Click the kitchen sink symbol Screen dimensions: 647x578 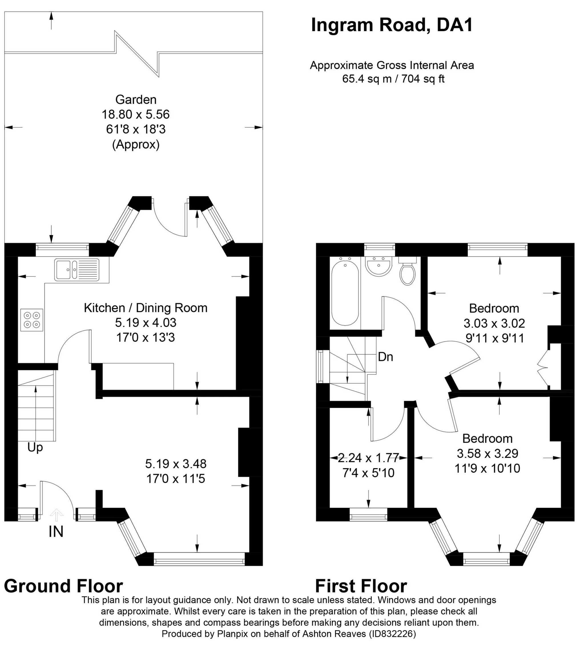[76, 270]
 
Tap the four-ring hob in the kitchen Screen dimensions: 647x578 [32, 320]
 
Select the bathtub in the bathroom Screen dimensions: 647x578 [345, 294]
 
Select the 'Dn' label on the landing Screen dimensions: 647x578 [386, 357]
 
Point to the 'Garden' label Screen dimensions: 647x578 [136, 100]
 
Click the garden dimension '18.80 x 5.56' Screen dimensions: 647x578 [136, 114]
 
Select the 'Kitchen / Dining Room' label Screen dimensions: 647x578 [146, 308]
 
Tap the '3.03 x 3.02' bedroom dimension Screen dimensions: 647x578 [494, 323]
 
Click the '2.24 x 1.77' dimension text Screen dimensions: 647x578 [368, 458]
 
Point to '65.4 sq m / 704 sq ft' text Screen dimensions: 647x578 [393, 79]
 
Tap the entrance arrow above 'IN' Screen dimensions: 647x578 [56, 515]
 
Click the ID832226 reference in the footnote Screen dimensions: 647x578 [392, 634]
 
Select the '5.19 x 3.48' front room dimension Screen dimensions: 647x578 [176, 464]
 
